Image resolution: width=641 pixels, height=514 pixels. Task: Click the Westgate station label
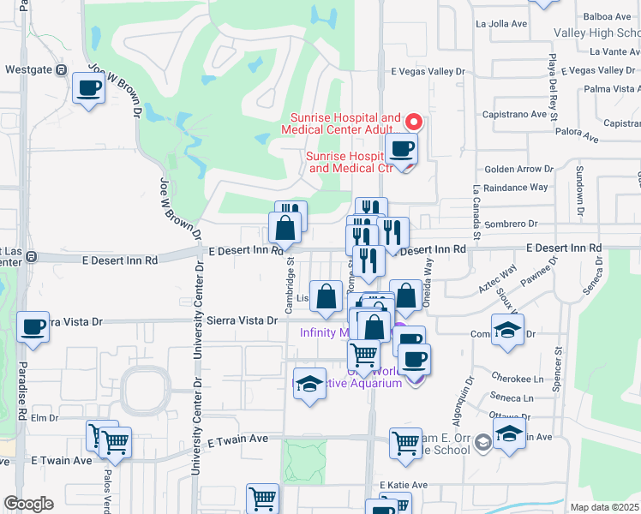click(x=28, y=69)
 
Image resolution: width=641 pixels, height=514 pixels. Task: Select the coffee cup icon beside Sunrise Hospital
click(x=401, y=149)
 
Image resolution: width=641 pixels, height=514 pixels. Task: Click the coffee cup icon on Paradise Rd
click(x=33, y=327)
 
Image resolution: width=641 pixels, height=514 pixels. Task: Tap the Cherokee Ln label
click(x=518, y=378)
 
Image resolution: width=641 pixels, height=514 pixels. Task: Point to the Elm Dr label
click(x=43, y=418)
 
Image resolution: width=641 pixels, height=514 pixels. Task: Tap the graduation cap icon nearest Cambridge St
click(x=309, y=384)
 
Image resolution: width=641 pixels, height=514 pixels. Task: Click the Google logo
click(x=28, y=503)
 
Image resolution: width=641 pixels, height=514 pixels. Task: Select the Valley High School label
click(x=596, y=33)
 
